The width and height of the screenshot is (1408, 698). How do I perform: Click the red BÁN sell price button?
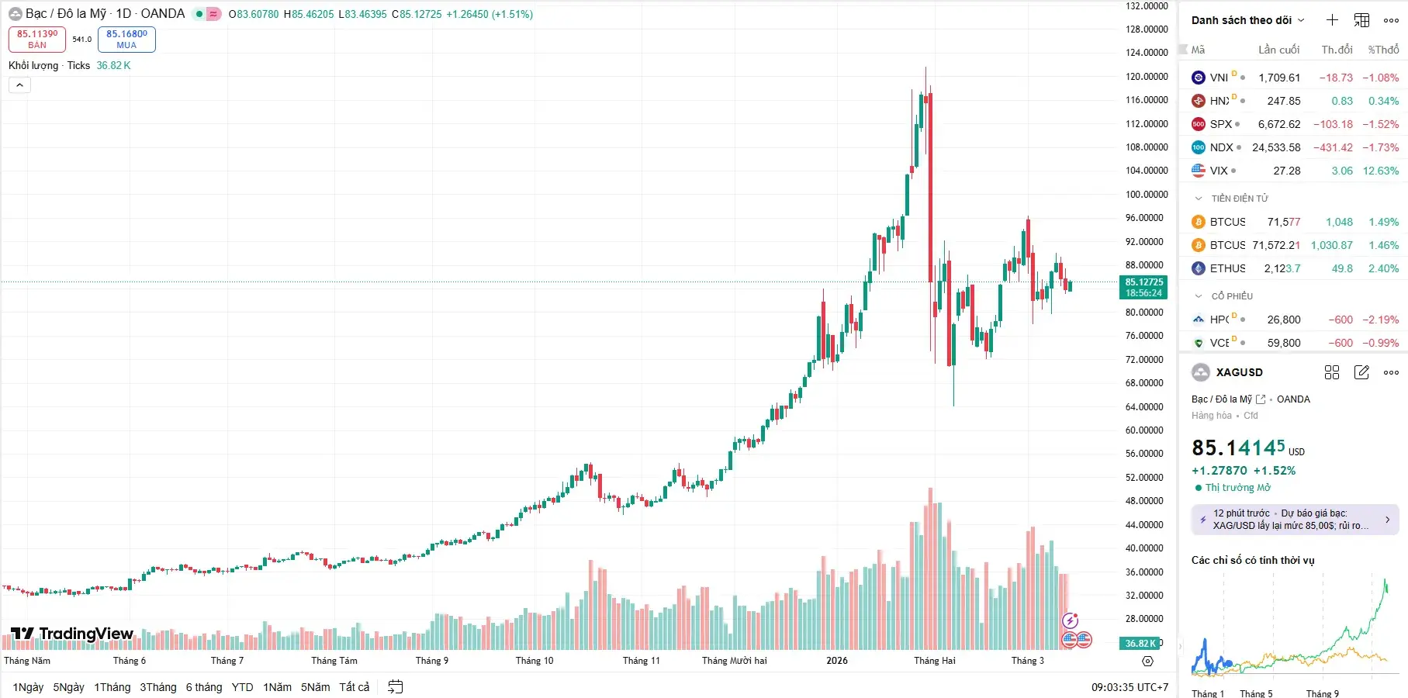tap(36, 39)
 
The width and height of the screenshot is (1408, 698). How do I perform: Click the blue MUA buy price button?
tap(126, 39)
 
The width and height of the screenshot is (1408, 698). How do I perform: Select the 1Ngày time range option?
tap(28, 687)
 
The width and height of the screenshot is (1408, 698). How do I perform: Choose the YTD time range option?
tap(242, 687)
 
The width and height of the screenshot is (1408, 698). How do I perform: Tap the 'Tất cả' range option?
tap(354, 687)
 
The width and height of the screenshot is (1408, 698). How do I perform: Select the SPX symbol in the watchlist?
tap(1220, 124)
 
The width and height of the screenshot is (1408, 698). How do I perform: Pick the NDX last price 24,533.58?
tap(1276, 147)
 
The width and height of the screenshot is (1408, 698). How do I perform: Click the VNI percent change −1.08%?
tap(1380, 78)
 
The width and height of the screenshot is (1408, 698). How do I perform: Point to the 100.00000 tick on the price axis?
tap(1147, 194)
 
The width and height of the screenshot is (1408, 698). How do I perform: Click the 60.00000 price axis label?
tap(1147, 430)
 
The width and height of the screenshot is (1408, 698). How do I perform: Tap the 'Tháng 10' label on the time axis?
tap(534, 661)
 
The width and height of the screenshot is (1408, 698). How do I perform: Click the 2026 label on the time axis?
tap(837, 661)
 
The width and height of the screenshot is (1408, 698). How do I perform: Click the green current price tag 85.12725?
tap(1144, 287)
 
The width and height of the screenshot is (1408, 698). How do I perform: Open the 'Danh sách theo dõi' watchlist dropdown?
tap(1247, 20)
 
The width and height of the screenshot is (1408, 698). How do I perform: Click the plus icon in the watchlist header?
tap(1332, 20)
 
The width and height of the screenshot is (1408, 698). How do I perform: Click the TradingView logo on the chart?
tap(72, 634)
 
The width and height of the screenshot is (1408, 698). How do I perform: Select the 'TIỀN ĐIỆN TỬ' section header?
tap(1239, 199)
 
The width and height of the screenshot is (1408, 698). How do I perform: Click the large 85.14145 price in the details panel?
tap(1238, 448)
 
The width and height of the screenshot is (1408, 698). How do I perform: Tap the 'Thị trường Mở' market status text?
tap(1237, 488)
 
